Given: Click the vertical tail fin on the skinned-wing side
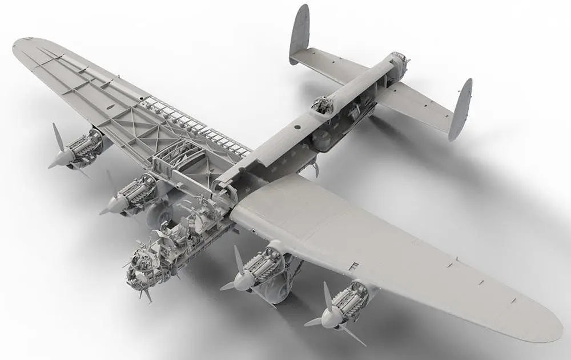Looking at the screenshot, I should (461, 109).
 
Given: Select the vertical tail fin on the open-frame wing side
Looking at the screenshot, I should (299, 34).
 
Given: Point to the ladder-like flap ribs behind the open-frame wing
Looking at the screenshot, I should (194, 126).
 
